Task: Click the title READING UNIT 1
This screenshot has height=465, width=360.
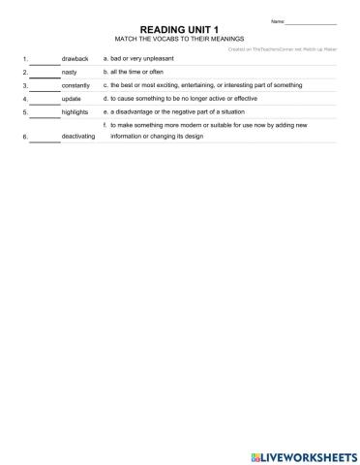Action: [x=179, y=30]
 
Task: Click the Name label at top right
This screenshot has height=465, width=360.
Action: [x=277, y=21]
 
